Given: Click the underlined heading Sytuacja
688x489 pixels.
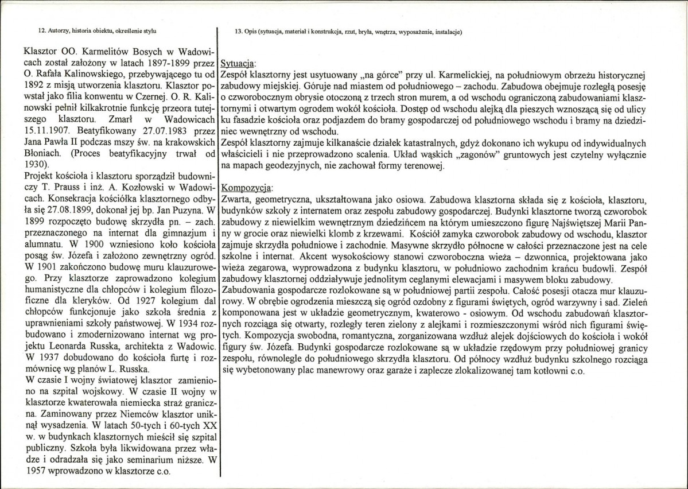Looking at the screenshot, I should [239, 64].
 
